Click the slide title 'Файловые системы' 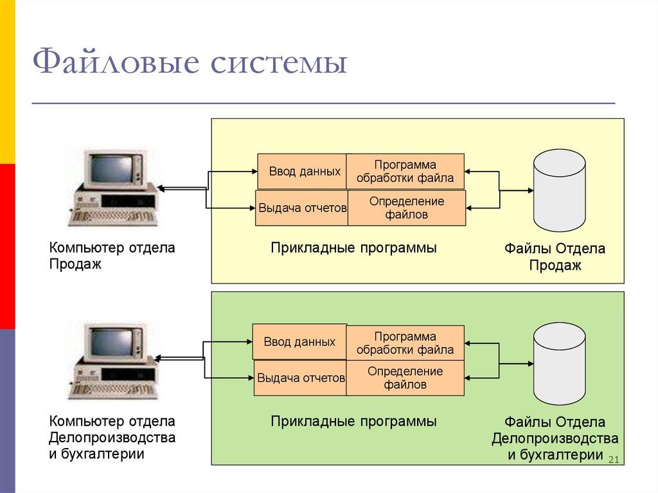click(190, 66)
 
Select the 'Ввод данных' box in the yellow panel click(302, 172)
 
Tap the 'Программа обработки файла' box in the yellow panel click(405, 172)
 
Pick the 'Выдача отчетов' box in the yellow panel click(301, 208)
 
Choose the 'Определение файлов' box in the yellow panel click(406, 208)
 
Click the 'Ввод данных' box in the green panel click(299, 342)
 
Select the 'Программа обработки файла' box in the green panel click(405, 343)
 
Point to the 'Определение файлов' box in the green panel click(405, 378)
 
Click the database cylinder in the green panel click(559, 364)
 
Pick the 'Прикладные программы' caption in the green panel click(353, 422)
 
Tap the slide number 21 click(612, 459)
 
